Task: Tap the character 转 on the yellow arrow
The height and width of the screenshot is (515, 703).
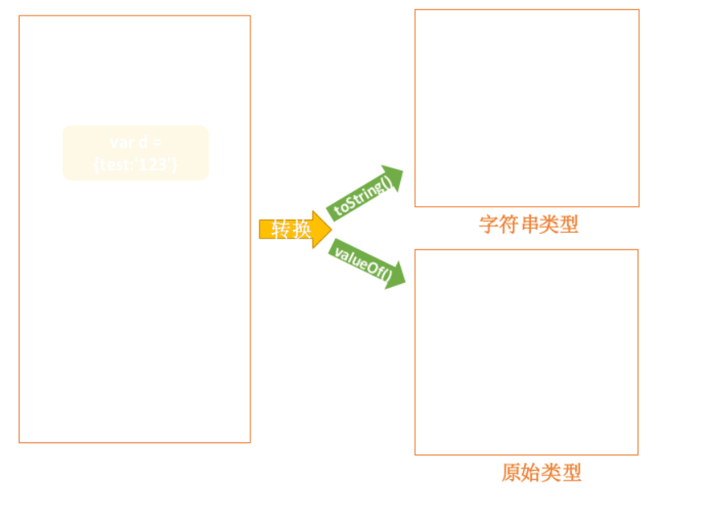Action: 281,230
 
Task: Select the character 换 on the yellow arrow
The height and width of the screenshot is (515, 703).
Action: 301,230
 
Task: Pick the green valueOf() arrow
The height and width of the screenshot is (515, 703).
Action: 366,263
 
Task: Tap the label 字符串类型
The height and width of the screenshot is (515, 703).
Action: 528,224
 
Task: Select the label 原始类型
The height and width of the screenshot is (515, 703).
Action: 541,472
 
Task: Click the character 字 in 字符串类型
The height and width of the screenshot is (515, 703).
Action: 489,224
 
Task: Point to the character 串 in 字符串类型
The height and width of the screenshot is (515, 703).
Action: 529,224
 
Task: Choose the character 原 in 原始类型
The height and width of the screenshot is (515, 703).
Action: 511,472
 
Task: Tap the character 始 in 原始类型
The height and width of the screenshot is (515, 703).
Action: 531,472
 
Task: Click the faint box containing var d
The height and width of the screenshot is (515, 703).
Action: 136,153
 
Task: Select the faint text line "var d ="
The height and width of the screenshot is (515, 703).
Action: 136,142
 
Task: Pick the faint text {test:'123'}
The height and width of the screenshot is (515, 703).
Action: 136,164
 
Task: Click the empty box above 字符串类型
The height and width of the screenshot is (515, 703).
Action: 526,108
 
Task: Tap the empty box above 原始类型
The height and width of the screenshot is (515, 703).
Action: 526,352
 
